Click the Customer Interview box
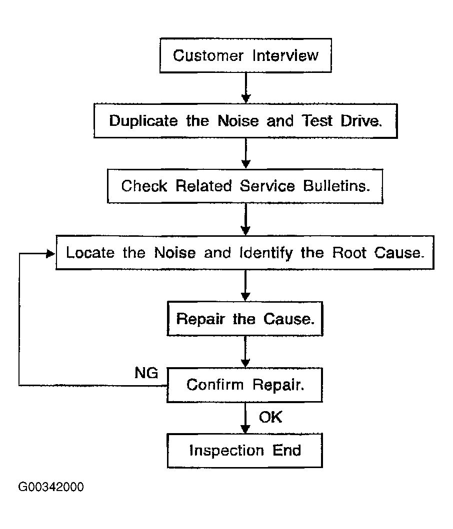click(245, 55)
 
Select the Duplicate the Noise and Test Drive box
click(245, 121)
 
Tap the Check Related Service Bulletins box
click(245, 186)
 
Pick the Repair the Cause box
click(245, 319)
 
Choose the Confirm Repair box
click(244, 385)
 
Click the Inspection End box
click(245, 451)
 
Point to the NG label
click(146, 373)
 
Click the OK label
click(270, 417)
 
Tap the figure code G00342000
click(51, 487)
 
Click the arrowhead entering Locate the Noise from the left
click(50, 253)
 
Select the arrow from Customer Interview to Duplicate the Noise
click(246, 88)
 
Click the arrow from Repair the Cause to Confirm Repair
click(245, 352)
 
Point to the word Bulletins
click(336, 186)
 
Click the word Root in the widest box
click(349, 253)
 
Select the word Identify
click(266, 253)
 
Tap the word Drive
click(361, 121)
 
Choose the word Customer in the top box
click(208, 55)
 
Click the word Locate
click(90, 253)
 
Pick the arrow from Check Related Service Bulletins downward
click(245, 220)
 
